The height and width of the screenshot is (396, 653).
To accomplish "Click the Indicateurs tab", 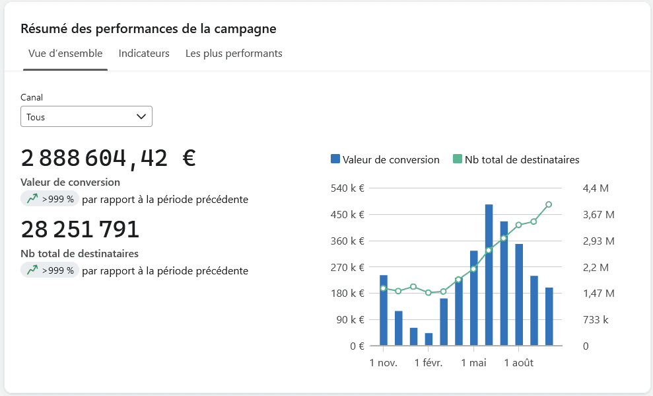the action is tap(144, 54).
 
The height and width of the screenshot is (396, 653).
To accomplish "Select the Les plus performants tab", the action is tap(234, 54).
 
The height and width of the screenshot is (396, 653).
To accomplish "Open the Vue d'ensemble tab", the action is tap(65, 54).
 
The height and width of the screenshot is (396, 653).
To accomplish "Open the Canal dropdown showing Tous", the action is tap(86, 116).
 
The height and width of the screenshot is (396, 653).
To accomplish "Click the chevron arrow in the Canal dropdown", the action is tap(141, 117).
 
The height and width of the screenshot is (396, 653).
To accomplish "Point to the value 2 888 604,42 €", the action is tap(108, 159).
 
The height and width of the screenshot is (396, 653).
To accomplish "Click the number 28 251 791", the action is tap(80, 229).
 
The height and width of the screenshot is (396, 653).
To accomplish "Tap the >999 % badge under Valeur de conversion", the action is tap(50, 199).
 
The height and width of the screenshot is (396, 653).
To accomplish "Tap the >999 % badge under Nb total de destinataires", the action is tap(50, 270).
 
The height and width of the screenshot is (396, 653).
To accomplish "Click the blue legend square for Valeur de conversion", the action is tap(335, 159).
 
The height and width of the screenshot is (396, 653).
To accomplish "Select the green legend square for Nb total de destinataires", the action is tap(458, 159).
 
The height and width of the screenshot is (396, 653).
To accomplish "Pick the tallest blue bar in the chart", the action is tap(489, 275).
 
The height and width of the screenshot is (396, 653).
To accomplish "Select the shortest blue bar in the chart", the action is tap(429, 339).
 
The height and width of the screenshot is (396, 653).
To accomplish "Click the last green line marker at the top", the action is tap(549, 204).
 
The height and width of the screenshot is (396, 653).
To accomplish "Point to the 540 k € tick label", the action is tap(347, 188).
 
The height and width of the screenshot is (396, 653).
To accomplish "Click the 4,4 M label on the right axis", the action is tap(596, 188).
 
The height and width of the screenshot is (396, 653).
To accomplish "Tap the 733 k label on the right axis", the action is tap(596, 320).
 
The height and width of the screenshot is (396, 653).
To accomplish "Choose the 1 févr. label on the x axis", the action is tap(429, 363).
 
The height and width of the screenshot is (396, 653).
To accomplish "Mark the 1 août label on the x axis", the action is tap(518, 363).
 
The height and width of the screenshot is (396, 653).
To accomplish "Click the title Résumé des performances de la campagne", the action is tap(149, 29).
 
